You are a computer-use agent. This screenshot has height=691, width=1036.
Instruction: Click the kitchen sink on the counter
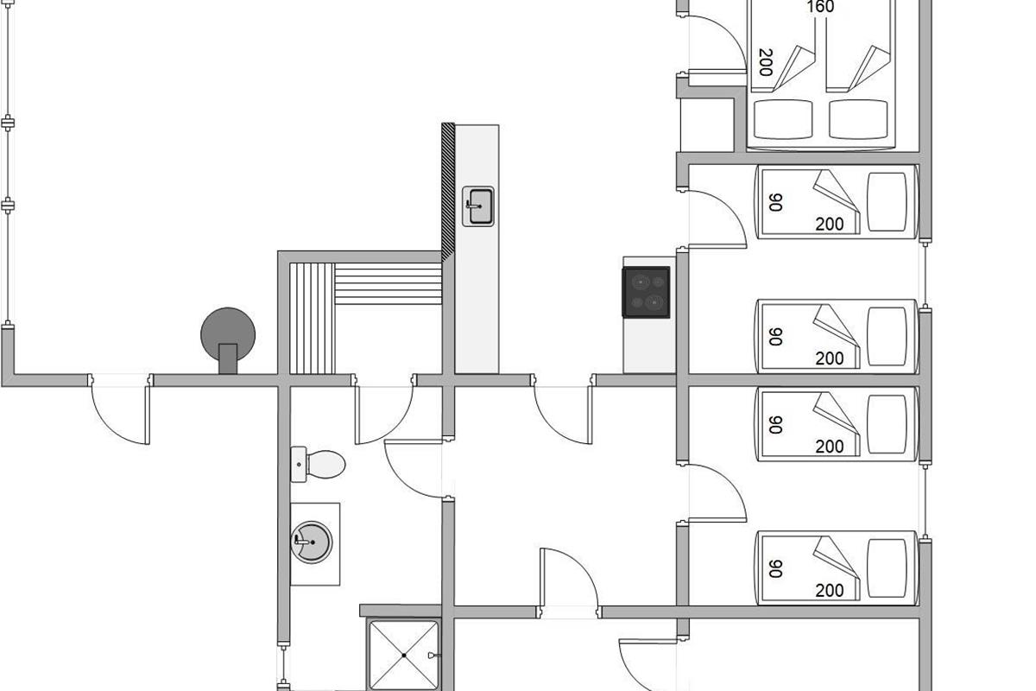(x=478, y=206)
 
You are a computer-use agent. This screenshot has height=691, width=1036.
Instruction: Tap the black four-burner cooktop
(x=646, y=292)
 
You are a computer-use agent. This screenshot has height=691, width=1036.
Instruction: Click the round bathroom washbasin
(x=312, y=542)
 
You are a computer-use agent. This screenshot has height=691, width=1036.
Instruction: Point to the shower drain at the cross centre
(x=404, y=656)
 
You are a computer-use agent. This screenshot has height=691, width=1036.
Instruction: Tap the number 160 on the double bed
(x=820, y=7)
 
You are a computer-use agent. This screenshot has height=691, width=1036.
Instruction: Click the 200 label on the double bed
(x=766, y=62)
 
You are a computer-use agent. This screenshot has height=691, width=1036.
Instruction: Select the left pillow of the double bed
(x=783, y=119)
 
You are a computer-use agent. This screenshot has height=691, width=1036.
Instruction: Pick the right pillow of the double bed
(x=858, y=119)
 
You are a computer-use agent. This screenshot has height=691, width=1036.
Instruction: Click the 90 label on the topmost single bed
(x=775, y=202)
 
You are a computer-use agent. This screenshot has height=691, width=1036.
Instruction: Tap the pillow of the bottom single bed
(x=887, y=567)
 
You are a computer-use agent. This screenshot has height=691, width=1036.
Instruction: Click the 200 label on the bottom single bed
(x=830, y=591)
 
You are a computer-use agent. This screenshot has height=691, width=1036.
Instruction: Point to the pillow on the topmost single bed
(x=887, y=202)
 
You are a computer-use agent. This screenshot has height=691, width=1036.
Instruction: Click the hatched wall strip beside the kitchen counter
(x=448, y=192)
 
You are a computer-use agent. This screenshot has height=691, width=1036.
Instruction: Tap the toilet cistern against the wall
(x=299, y=464)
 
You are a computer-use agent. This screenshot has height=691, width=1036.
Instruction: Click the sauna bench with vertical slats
(x=312, y=319)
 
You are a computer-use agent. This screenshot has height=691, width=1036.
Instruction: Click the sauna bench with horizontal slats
(x=388, y=283)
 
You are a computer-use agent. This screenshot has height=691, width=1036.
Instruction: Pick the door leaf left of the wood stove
(x=148, y=415)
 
